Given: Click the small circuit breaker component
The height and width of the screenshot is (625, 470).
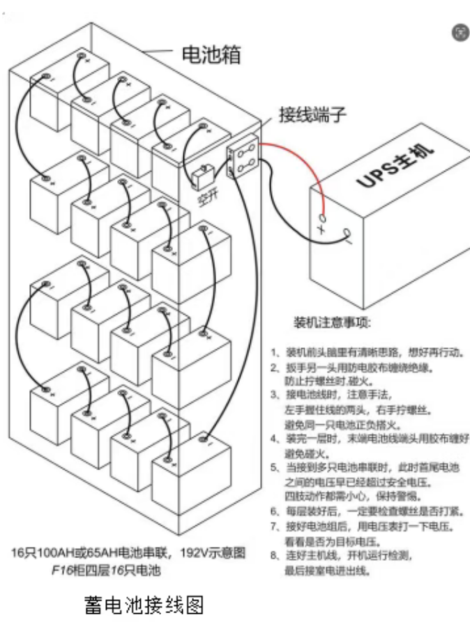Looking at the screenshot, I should (x=204, y=176).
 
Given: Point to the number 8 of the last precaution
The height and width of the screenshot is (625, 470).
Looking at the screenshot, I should (x=275, y=555).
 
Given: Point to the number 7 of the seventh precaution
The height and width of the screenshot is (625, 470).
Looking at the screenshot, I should (x=275, y=527).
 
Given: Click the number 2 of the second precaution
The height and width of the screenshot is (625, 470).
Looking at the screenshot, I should (x=275, y=368).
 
